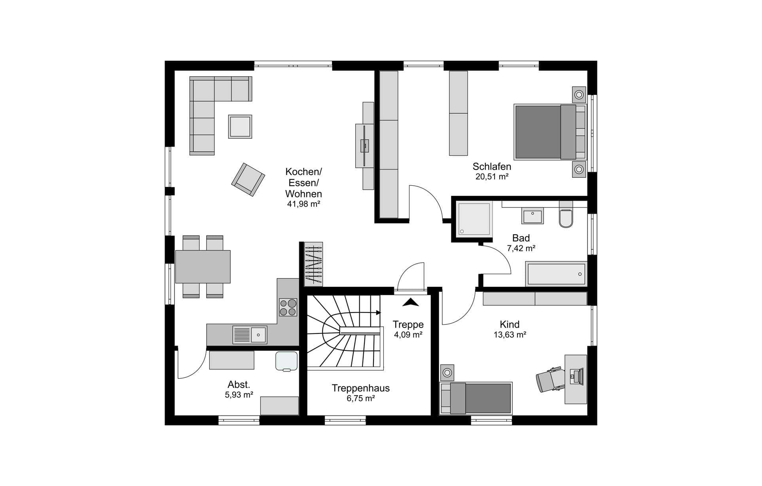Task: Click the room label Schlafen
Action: (492, 167)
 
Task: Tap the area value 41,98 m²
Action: (303, 204)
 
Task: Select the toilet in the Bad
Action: (566, 214)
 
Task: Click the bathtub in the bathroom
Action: (555, 273)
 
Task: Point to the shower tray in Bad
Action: (474, 219)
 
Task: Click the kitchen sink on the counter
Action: (250, 335)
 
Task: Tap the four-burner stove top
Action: (288, 307)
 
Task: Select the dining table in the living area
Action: (203, 267)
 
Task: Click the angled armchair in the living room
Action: (248, 179)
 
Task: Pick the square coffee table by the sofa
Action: (240, 126)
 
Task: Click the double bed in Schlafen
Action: (550, 132)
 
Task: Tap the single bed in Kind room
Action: (476, 398)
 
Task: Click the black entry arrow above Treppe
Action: (411, 302)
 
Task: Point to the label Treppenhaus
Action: (360, 388)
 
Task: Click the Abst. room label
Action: (239, 384)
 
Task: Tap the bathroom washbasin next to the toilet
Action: (533, 216)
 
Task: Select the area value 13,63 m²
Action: (510, 335)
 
